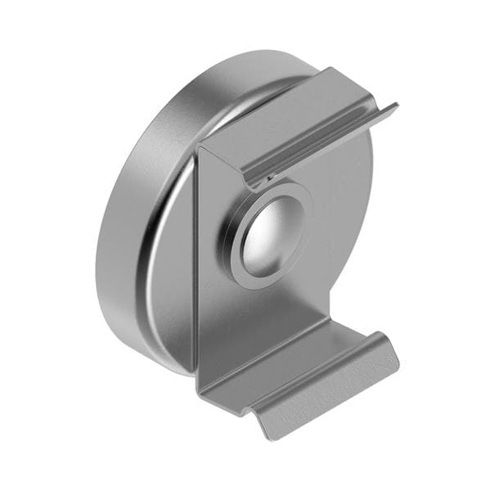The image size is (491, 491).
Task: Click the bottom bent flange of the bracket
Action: coord(295,360)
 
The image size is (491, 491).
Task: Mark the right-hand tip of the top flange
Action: coord(395,106)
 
